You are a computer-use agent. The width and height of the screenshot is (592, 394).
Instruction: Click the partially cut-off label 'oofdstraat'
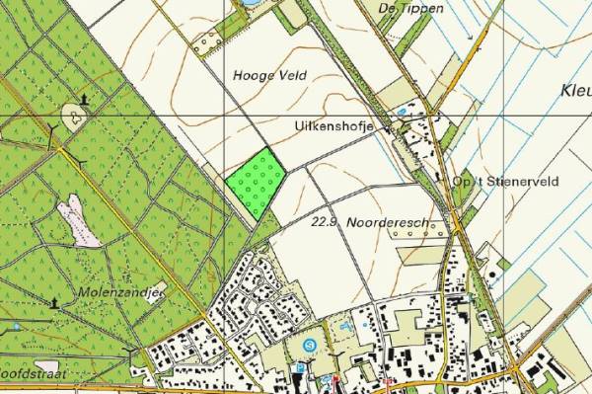[x=35, y=375]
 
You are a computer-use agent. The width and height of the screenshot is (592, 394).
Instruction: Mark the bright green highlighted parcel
[x=256, y=181]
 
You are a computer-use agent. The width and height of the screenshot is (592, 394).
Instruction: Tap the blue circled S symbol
[x=311, y=345]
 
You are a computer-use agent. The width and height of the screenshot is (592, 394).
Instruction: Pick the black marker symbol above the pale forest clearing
[x=86, y=98]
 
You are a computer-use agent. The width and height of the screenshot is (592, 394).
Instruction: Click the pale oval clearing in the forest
[x=74, y=118]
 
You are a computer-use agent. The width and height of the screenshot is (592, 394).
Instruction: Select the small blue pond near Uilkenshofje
[x=402, y=114]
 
